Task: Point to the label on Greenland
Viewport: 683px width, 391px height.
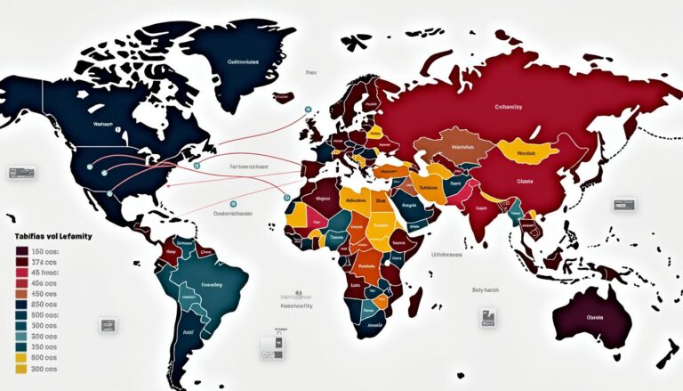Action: (x=243, y=63)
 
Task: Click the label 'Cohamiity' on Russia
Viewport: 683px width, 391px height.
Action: (x=509, y=106)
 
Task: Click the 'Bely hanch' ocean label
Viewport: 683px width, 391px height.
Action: (x=487, y=289)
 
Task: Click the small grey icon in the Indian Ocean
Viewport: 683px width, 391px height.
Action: (x=488, y=316)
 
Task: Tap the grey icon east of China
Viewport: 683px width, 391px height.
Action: (x=624, y=205)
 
